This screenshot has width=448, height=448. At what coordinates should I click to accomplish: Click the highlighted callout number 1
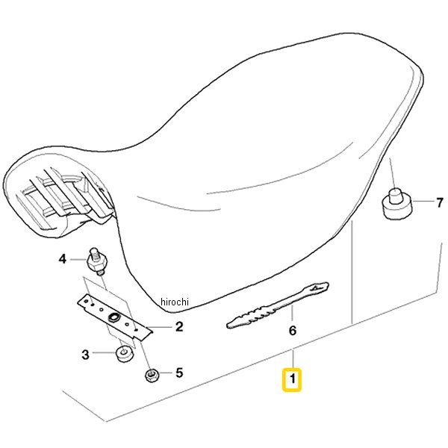click(x=292, y=379)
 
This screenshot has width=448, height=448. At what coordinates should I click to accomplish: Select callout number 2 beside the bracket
click(x=179, y=326)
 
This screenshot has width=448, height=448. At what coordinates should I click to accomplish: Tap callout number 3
click(x=85, y=355)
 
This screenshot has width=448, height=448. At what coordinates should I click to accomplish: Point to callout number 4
click(x=62, y=259)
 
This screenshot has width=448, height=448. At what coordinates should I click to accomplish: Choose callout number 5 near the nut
click(x=179, y=373)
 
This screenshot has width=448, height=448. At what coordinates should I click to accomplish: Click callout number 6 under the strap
click(x=293, y=331)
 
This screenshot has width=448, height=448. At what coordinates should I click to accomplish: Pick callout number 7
click(x=439, y=202)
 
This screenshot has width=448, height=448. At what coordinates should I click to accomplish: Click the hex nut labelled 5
click(x=151, y=375)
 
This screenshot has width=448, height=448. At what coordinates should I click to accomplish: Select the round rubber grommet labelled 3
click(x=124, y=354)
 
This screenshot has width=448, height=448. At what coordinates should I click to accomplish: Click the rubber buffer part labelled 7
click(x=397, y=205)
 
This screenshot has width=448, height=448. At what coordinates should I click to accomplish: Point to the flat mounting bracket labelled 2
click(x=115, y=317)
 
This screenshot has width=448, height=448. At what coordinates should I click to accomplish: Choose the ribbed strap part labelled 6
click(x=278, y=305)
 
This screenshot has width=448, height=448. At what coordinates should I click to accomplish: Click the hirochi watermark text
click(x=175, y=302)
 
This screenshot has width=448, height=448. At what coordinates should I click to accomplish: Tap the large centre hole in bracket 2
click(x=113, y=317)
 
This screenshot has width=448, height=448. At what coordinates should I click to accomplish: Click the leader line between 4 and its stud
click(x=78, y=259)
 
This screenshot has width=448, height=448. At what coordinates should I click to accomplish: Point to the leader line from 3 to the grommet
click(x=105, y=353)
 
